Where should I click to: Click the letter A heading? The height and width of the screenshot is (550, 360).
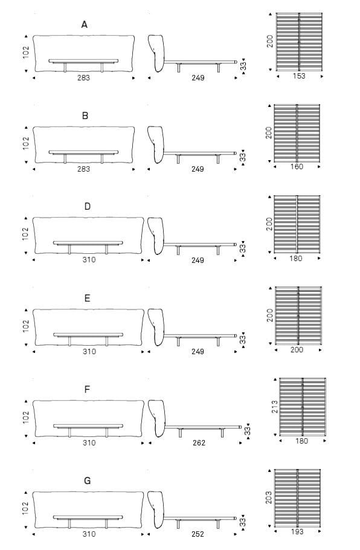pyautogui.click(x=84, y=25)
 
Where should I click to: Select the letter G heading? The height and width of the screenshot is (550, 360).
pyautogui.click(x=88, y=480)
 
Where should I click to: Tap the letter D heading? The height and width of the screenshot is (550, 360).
pyautogui.click(x=88, y=206)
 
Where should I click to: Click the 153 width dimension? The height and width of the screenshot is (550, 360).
pyautogui.click(x=299, y=76)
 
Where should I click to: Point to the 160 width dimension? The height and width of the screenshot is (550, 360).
pyautogui.click(x=297, y=167)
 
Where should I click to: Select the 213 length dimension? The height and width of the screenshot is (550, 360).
pyautogui.click(x=275, y=407)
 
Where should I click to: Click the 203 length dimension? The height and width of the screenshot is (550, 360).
pyautogui.click(x=269, y=498)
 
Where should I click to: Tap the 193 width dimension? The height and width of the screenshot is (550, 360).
pyautogui.click(x=297, y=532)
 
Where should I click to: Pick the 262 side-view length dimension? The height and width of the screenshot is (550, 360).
pyautogui.click(x=199, y=443)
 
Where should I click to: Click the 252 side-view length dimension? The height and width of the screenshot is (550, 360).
pyautogui.click(x=198, y=534)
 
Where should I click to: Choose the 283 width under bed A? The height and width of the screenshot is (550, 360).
pyautogui.click(x=83, y=78)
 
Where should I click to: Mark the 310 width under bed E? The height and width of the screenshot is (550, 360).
pyautogui.click(x=89, y=352)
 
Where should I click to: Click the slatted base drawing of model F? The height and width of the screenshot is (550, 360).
pyautogui.click(x=303, y=406)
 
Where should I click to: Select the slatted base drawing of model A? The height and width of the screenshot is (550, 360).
pyautogui.click(x=299, y=42)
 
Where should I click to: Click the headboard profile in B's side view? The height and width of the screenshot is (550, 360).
pyautogui.click(x=156, y=144)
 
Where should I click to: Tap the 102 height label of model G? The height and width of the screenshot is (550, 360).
pyautogui.click(x=25, y=508)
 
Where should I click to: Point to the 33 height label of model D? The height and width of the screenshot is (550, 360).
pyautogui.click(x=243, y=248)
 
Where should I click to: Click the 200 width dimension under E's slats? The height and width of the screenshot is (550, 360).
pyautogui.click(x=297, y=350)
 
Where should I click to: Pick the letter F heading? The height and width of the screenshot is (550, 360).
pyautogui.click(x=88, y=389)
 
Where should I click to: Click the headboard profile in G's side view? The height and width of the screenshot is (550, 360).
pyautogui.click(x=156, y=510)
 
